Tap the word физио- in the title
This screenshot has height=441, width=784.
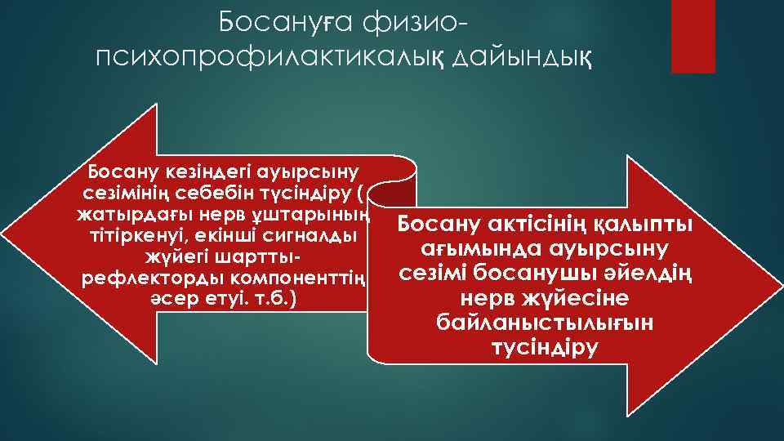pos(412,23)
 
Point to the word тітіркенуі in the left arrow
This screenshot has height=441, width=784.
pos(131,237)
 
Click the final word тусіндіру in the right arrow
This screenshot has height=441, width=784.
pos(544,347)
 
